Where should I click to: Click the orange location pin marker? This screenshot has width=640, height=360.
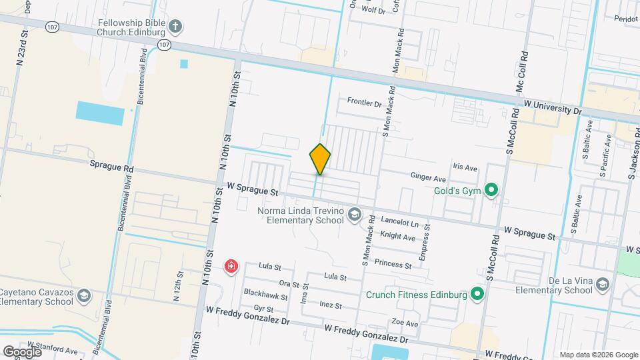click(321, 159)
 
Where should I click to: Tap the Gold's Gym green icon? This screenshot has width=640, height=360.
click(491, 191)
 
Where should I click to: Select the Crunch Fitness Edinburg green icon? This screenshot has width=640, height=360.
click(477, 293)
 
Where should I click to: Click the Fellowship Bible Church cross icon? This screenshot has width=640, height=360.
click(175, 27)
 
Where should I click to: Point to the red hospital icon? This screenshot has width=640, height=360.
click(231, 267)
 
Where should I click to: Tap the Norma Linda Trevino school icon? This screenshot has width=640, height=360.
click(353, 215)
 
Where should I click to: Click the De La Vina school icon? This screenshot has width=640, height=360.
click(603, 285)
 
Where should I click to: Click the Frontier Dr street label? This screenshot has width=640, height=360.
click(364, 103)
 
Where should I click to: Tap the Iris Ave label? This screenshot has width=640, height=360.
click(465, 168)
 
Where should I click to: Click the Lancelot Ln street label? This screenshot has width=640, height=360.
click(400, 222)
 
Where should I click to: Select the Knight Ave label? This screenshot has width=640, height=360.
click(397, 236)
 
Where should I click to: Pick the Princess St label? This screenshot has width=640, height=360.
click(393, 263)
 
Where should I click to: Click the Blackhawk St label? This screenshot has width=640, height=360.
click(265, 295)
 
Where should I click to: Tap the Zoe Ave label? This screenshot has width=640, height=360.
click(406, 323)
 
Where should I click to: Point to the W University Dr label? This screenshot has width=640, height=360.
click(553, 107)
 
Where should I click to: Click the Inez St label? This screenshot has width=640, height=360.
click(331, 306)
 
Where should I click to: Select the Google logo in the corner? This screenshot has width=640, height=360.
click(22, 351)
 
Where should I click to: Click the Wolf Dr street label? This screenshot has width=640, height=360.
click(373, 11)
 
